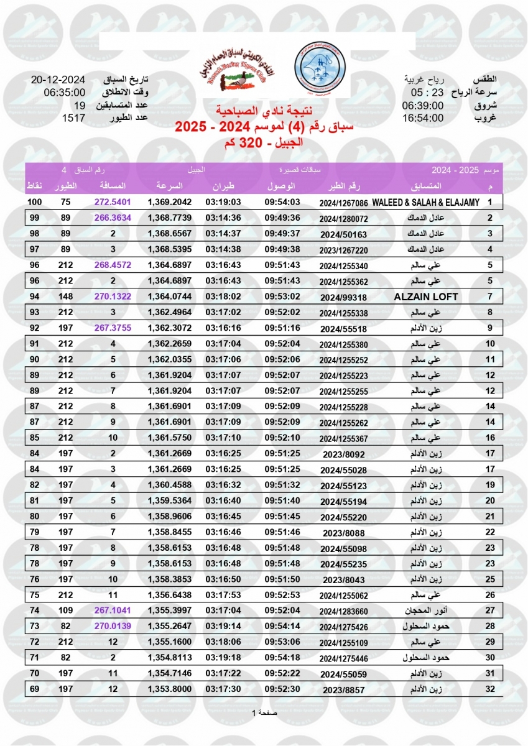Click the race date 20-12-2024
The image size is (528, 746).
click(x=58, y=80)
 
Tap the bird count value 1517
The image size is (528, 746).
click(x=73, y=117)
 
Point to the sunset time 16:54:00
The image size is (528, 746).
click(x=423, y=117)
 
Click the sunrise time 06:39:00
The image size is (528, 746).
click(x=423, y=105)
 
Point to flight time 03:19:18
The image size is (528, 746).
click(x=223, y=658)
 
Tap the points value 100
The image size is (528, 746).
click(x=35, y=203)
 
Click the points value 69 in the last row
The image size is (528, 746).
click(x=35, y=689)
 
